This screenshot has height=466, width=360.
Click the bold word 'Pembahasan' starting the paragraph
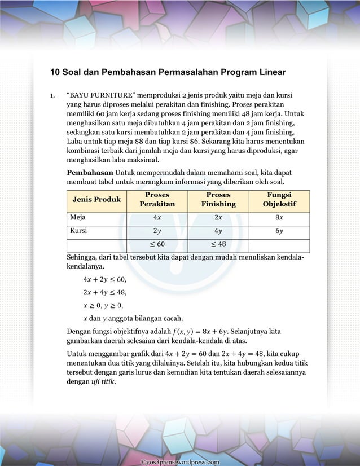pyautogui.click(x=89, y=172)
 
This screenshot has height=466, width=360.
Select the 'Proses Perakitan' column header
pyautogui.click(x=157, y=199)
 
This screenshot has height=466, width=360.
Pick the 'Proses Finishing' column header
pyautogui.click(x=218, y=199)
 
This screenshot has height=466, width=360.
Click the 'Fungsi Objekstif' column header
pyautogui.click(x=279, y=199)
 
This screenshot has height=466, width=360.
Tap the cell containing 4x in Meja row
pyautogui.click(x=157, y=217)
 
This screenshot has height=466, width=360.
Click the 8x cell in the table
pyautogui.click(x=279, y=217)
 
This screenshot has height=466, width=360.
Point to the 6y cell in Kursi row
pyautogui.click(x=279, y=231)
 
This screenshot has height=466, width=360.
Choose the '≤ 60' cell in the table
pyautogui.click(x=157, y=244)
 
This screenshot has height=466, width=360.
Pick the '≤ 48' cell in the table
pyautogui.click(x=218, y=244)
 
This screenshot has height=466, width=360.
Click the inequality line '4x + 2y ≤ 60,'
pyautogui.click(x=104, y=279)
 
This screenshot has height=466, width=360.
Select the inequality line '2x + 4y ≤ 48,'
pyautogui.click(x=104, y=292)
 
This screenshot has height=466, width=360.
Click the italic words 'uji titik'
pyautogui.click(x=103, y=382)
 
